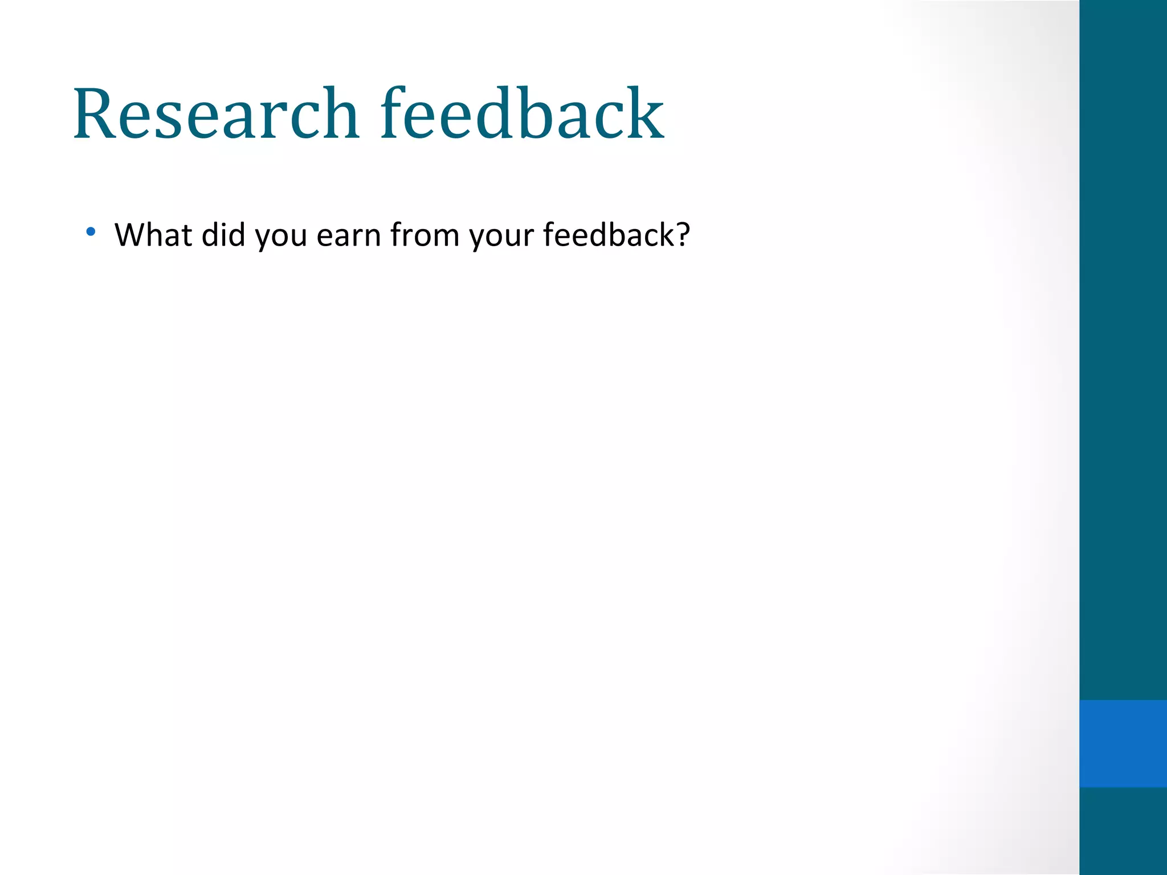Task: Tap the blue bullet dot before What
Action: (x=91, y=232)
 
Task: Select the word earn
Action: (x=349, y=235)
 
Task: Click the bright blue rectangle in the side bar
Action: (x=1123, y=743)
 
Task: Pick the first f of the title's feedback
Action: (x=393, y=113)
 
